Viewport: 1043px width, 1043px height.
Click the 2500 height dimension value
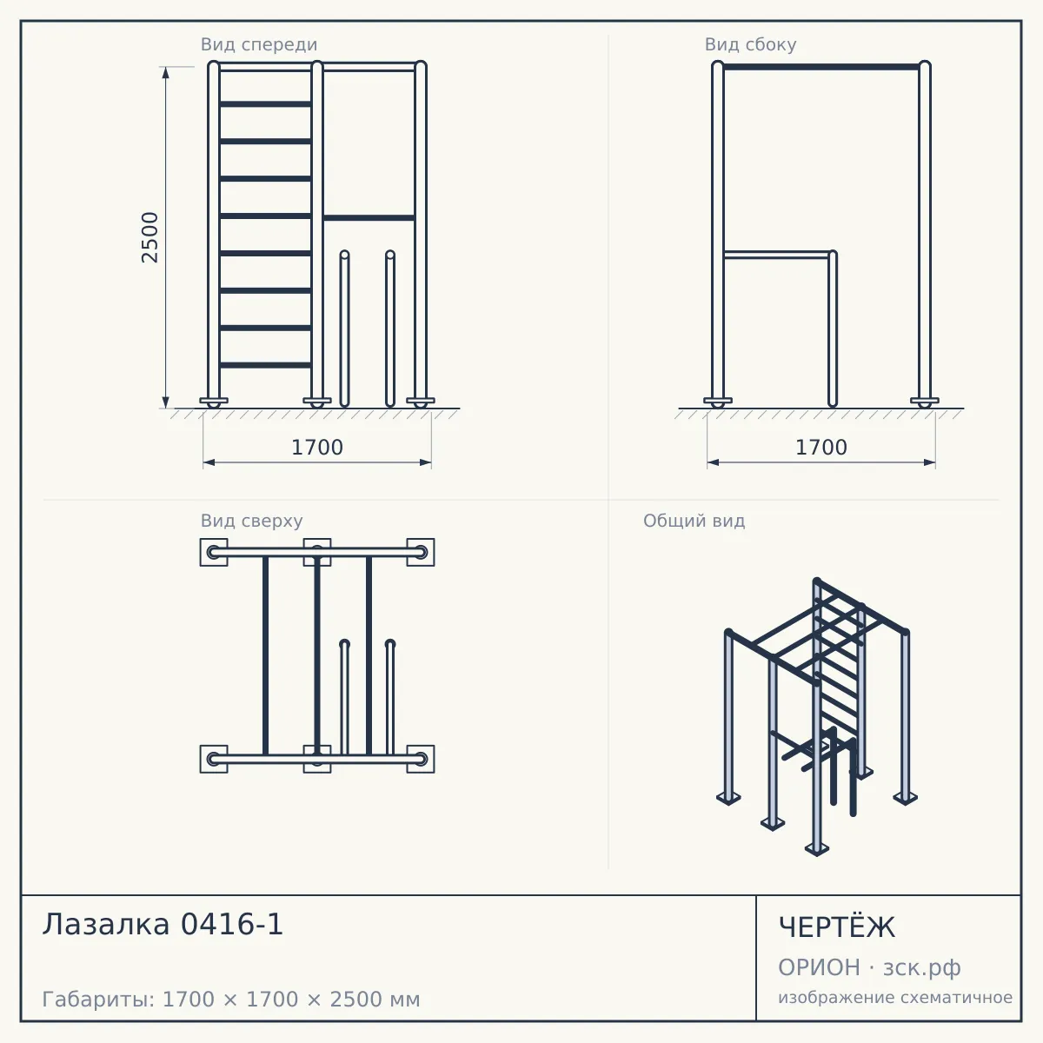149,237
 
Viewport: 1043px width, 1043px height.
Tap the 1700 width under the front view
317,448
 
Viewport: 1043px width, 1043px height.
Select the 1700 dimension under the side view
821,448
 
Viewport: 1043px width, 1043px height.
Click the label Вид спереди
259,44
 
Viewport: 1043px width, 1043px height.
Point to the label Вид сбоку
750,44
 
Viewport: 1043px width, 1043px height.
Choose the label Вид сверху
252,521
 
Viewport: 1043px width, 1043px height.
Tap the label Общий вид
694,521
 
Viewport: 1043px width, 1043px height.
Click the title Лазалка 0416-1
163,924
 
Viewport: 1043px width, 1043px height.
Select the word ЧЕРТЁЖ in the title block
837,927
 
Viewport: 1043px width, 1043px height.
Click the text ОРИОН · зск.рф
869,967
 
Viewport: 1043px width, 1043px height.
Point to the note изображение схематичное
895,997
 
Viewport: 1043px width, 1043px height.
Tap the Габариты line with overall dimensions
231,1000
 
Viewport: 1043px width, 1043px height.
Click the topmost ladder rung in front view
265,104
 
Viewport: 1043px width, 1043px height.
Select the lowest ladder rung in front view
265,365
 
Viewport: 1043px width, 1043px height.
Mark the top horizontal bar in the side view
821,67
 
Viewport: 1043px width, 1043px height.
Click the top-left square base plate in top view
214,552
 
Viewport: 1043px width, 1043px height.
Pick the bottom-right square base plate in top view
421,759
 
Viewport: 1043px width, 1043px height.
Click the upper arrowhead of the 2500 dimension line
166,72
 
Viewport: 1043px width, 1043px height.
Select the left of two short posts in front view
344,329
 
